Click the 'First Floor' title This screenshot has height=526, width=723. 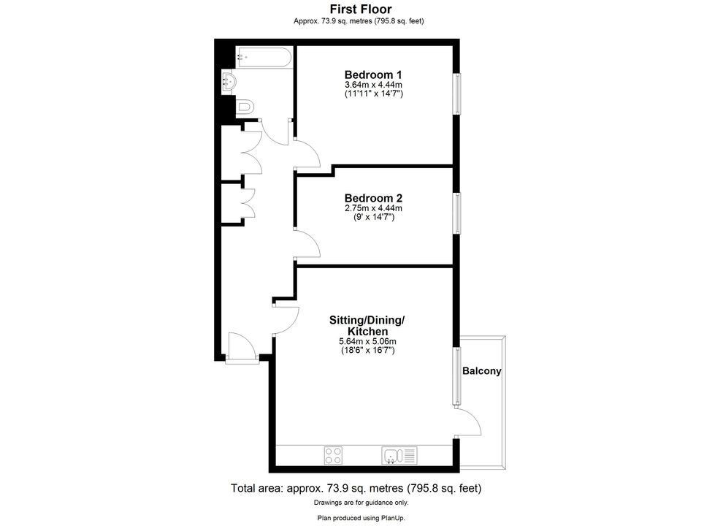point(361,9)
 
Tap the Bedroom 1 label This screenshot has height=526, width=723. point(373,75)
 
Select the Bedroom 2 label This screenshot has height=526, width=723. point(373,198)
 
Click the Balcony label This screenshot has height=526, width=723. point(482,371)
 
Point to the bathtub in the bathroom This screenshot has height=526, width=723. point(264,57)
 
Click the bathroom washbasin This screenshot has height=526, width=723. point(229,82)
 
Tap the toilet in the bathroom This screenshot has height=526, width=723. point(245,108)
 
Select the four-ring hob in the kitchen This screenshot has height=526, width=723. point(333,455)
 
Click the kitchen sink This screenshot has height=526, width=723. point(399,455)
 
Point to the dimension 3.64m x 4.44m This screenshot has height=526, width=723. point(373,85)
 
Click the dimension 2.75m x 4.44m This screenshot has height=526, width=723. point(373,208)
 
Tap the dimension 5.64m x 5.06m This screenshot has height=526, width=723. point(367,342)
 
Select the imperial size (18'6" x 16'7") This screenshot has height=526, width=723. point(367,351)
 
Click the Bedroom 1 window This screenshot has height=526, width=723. point(456,94)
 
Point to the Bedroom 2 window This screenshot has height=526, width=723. point(456,213)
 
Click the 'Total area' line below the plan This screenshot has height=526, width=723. point(356,488)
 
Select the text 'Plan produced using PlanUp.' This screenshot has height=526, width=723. point(361,518)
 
